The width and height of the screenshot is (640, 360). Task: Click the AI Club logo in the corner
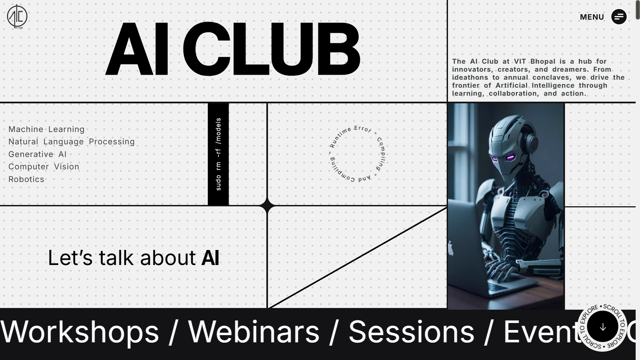[17, 16]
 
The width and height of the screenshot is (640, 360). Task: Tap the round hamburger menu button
[619, 17]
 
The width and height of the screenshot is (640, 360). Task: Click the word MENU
[592, 17]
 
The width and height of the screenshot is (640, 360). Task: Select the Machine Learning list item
[46, 129]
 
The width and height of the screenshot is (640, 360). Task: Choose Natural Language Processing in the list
[71, 142]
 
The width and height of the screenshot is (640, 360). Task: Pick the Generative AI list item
[37, 154]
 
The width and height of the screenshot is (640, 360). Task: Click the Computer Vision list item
[44, 167]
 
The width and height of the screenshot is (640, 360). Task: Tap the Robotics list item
[26, 179]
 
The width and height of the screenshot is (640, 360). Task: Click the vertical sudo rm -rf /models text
[218, 154]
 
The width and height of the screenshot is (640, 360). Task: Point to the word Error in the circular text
[363, 129]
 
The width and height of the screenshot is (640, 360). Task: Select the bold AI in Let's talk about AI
[210, 258]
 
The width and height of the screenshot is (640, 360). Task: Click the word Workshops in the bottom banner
[80, 332]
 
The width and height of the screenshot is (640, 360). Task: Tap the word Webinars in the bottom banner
[254, 332]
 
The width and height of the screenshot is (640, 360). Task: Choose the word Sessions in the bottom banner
[411, 332]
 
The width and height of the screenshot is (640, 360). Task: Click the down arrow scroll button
[602, 327]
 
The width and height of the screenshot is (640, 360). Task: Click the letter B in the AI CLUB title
[338, 49]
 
